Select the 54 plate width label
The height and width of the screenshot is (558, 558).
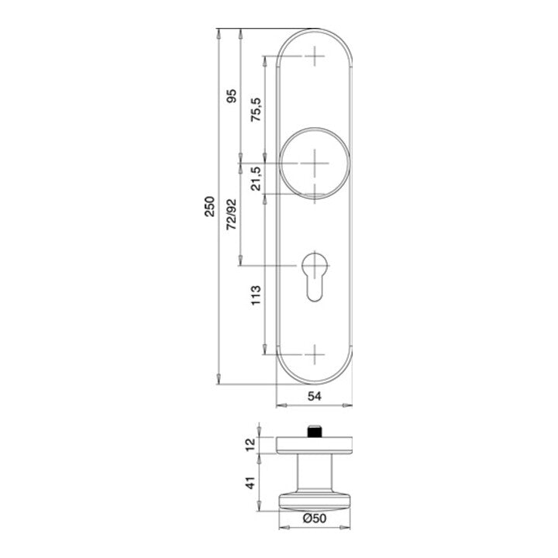click(315, 396)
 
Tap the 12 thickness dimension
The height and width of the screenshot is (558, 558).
click(250, 444)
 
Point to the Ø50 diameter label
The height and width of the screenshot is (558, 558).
click(314, 518)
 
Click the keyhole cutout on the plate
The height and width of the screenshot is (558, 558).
click(315, 275)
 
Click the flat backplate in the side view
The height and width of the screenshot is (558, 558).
click(315, 444)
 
